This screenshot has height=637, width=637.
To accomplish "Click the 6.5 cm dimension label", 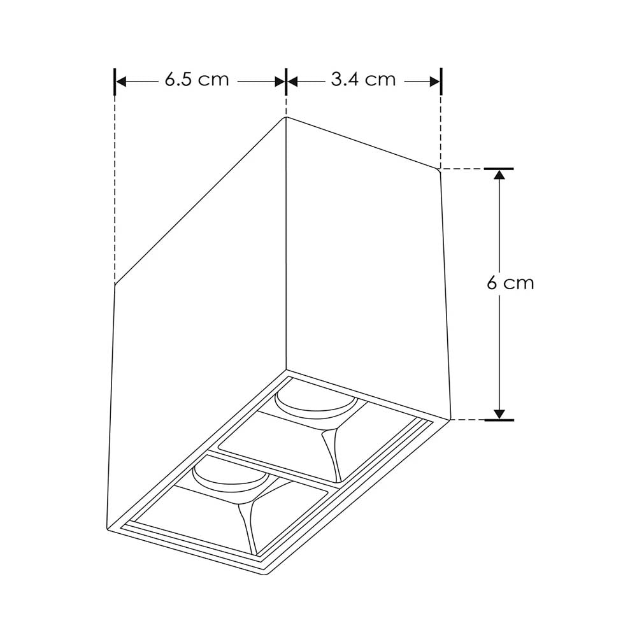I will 196,80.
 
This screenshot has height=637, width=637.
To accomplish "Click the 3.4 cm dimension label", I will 363,80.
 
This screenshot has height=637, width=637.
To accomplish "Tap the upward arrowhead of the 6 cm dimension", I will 499,175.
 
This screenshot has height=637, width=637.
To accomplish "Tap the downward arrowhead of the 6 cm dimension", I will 499,413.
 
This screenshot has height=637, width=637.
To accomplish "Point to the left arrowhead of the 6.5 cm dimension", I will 120,82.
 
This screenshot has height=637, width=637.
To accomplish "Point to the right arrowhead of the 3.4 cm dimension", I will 436,82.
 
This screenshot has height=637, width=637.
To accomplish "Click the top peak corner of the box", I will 286,118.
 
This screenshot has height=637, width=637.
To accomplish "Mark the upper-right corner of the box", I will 440,169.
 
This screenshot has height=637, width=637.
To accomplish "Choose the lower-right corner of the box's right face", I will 451,420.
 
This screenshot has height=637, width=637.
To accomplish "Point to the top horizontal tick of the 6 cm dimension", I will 499,169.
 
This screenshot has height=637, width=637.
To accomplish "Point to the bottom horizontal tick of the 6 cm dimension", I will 499,420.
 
